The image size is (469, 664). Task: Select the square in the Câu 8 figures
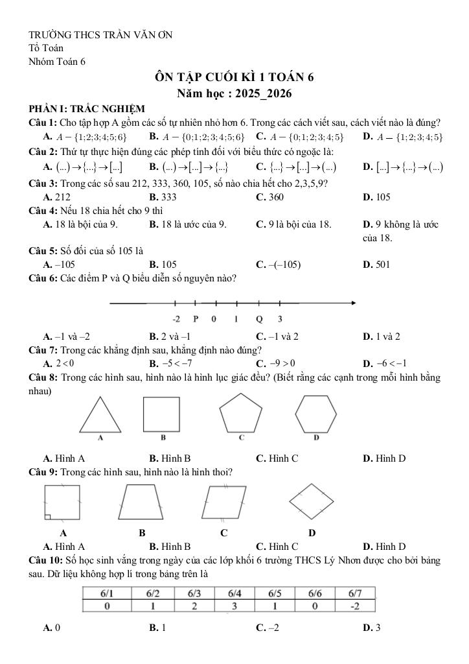click(x=161, y=414)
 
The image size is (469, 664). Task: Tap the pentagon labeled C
click(x=240, y=412)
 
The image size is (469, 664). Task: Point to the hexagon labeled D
click(x=317, y=412)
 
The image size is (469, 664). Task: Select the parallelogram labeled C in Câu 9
click(x=223, y=501)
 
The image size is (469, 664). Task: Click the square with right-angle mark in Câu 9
click(x=62, y=503)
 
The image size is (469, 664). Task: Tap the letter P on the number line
click(x=196, y=319)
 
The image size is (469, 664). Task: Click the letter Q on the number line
click(x=259, y=319)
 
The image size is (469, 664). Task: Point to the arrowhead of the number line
click(x=352, y=303)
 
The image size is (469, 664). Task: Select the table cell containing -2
click(x=354, y=606)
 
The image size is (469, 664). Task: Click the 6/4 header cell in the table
click(x=234, y=593)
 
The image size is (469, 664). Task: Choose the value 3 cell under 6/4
click(x=234, y=606)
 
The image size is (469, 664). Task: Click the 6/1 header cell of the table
click(x=107, y=593)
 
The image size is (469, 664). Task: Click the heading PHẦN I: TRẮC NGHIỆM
click(x=87, y=109)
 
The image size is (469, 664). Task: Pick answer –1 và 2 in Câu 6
click(x=277, y=337)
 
